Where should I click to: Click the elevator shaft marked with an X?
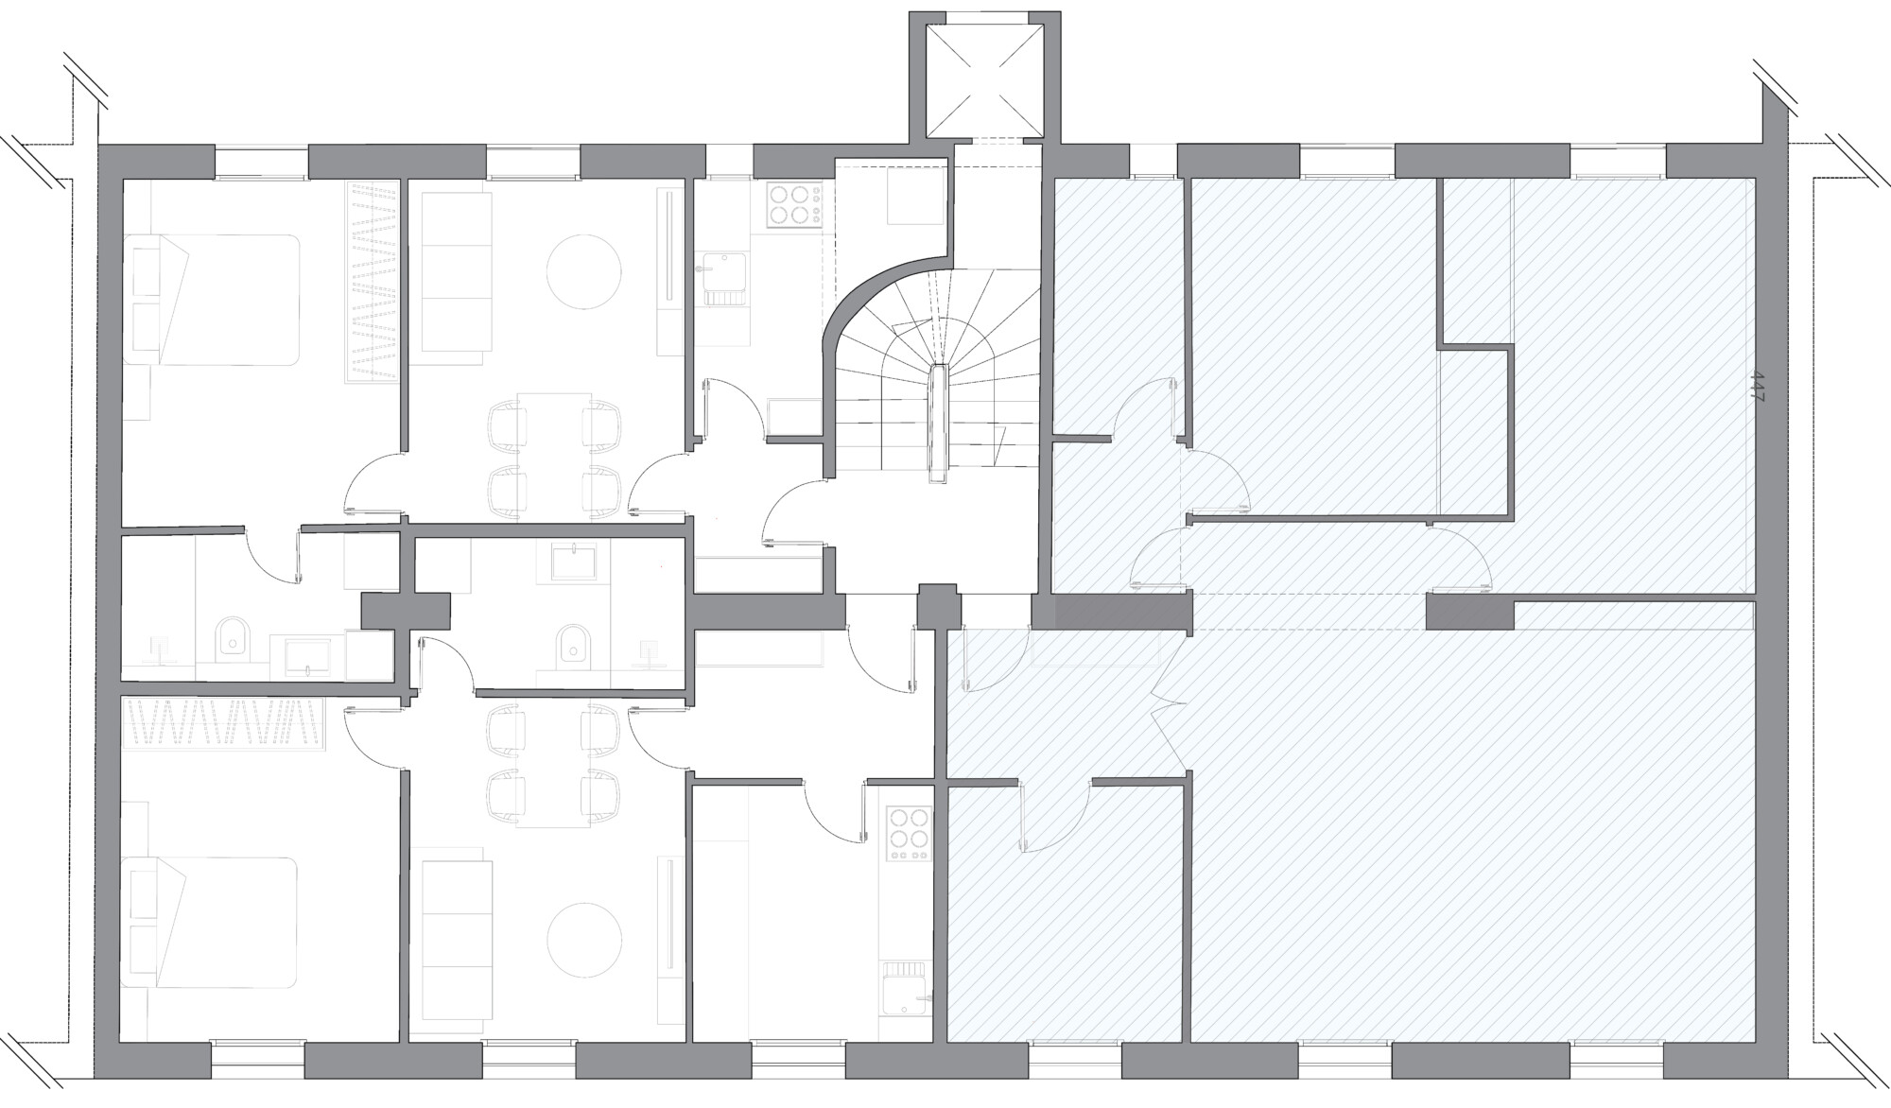[x=983, y=79]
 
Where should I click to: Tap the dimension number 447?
[x=1758, y=388]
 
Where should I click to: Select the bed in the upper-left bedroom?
[x=213, y=300]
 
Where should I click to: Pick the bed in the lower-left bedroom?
[x=211, y=923]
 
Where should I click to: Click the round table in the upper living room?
[x=585, y=272]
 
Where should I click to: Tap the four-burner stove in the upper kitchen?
[x=792, y=205]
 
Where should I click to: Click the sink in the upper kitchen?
[x=721, y=279]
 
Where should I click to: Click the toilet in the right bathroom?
[x=572, y=643]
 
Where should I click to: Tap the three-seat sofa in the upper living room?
[x=456, y=276]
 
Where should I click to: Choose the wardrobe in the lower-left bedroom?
[x=225, y=724]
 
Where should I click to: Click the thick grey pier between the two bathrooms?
[x=407, y=611]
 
